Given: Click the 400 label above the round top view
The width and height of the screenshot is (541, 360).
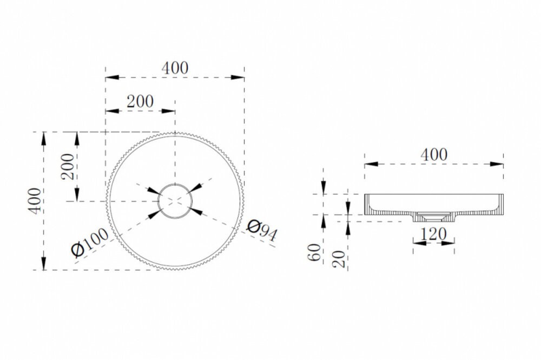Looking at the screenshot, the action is pos(175,68).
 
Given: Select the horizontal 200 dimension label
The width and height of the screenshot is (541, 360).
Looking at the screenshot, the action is pos(140,101).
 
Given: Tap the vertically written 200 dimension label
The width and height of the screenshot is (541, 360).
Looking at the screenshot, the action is pos(68,166).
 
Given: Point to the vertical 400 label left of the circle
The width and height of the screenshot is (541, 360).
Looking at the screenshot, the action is pos(35,201).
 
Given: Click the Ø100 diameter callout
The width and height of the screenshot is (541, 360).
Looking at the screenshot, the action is pos(89,243).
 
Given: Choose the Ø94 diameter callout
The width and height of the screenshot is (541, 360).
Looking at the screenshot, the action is pos(262,231).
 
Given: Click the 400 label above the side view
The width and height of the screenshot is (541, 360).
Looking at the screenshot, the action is pos(434,155).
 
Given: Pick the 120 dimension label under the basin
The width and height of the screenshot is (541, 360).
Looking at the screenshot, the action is pos(433,234).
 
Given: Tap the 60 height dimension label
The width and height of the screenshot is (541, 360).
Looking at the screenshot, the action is pos(314,252).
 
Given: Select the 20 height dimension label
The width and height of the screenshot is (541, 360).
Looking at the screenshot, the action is pos(339,259).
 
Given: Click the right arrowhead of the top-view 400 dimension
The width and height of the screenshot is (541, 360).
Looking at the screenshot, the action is pos(237,77).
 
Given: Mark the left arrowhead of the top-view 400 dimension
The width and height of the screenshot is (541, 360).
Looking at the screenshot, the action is pos(112,77).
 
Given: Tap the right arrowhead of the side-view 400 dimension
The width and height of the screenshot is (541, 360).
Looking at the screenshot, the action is pos(497,164).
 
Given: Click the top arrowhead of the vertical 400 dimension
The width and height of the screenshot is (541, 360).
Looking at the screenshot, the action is pos(43,139).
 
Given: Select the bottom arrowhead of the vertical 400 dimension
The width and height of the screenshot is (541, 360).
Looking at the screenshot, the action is pos(43,263).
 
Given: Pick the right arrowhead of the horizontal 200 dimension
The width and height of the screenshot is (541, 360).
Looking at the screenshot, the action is pos(168,111).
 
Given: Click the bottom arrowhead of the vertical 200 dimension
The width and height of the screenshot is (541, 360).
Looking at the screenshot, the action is pos(77,195).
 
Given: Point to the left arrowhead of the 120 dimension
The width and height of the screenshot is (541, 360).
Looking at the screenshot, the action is pos(420,243).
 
